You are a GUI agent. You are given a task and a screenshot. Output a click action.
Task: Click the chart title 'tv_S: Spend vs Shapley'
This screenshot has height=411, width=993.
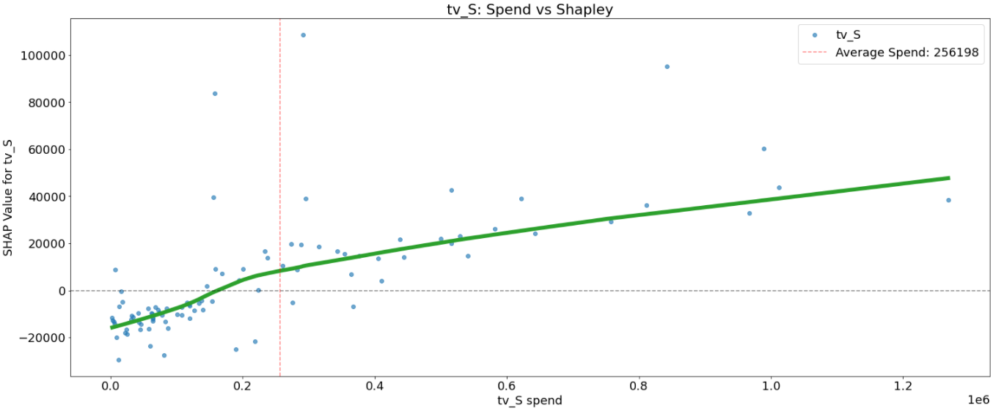pyautogui.click(x=530, y=9)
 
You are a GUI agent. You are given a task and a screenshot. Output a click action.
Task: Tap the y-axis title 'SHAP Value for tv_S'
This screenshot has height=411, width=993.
pyautogui.click(x=9, y=198)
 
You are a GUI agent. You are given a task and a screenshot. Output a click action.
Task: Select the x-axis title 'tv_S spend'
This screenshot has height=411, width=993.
pyautogui.click(x=530, y=400)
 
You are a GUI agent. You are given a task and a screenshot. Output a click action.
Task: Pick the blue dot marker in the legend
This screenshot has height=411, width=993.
pyautogui.click(x=814, y=34)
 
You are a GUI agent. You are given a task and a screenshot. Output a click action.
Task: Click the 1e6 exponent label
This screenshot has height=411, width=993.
pyautogui.click(x=978, y=400)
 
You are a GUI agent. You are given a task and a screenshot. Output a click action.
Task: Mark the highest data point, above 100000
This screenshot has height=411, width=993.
pyautogui.click(x=303, y=35)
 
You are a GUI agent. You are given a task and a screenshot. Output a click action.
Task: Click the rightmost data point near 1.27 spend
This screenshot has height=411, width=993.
pyautogui.click(x=948, y=200)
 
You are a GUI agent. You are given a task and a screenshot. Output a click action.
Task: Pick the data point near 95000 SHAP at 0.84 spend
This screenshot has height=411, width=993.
pyautogui.click(x=667, y=67)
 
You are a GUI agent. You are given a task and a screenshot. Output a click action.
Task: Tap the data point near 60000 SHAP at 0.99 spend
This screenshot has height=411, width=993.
pyautogui.click(x=763, y=149)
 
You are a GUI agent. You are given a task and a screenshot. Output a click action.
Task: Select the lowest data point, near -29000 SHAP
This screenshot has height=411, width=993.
pyautogui.click(x=119, y=360)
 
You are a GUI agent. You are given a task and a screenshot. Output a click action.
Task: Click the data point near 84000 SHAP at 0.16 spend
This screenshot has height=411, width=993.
pyautogui.click(x=215, y=94)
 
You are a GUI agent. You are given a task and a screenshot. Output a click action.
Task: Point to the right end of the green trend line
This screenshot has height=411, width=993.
pyautogui.click(x=948, y=178)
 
